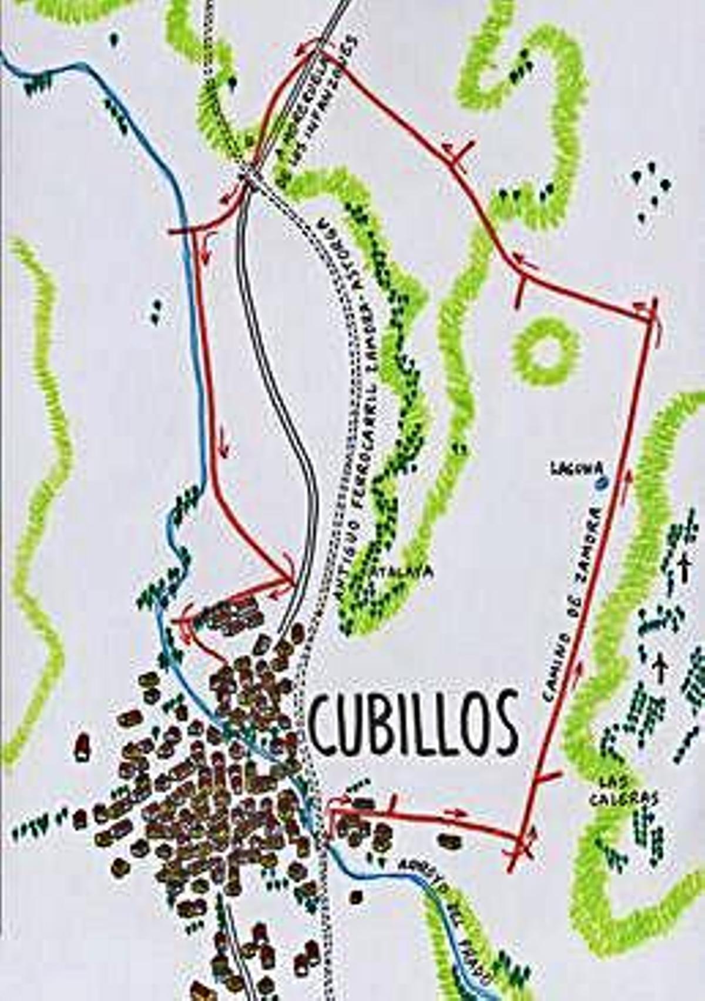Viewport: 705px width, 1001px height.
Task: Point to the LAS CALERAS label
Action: coord(624,790)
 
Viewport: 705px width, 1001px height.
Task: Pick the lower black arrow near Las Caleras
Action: coord(660,668)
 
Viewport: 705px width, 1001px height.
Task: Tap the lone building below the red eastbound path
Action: coord(356,896)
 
